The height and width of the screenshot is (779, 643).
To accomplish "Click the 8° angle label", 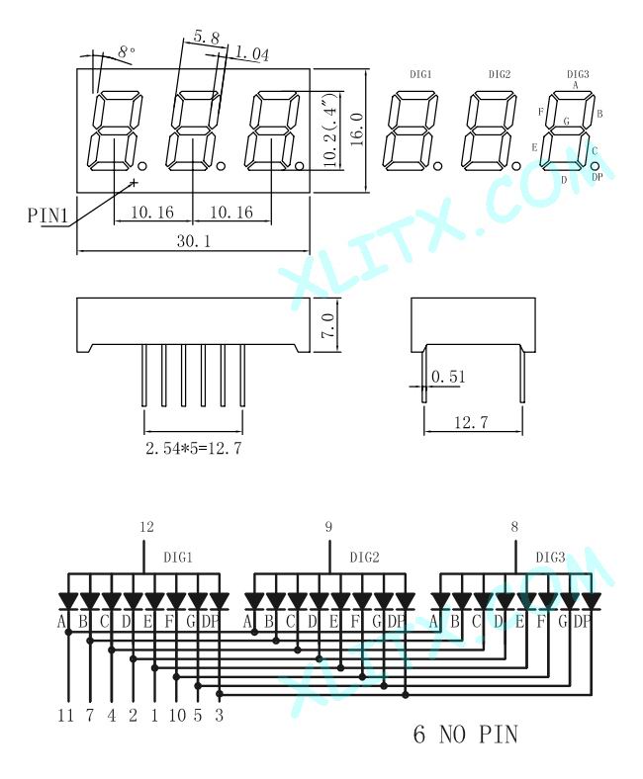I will (x=127, y=50).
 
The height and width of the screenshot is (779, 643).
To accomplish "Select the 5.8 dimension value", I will (x=206, y=38).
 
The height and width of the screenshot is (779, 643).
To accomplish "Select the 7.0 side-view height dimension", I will (x=328, y=322).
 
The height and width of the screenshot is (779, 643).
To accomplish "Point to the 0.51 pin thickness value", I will (x=448, y=377).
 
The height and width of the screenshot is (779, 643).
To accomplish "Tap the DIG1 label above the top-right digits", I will (x=419, y=74).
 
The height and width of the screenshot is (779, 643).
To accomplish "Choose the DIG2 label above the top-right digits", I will (x=499, y=74).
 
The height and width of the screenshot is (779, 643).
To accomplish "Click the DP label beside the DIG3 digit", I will (x=597, y=177).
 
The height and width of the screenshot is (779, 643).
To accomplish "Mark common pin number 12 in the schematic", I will (x=146, y=527).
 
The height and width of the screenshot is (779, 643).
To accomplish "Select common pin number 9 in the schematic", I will (x=329, y=527).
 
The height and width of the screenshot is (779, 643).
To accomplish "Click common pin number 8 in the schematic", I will (x=514, y=527).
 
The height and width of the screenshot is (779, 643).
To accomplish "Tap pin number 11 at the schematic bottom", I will (x=66, y=715).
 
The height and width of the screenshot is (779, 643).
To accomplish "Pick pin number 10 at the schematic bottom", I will (x=176, y=715).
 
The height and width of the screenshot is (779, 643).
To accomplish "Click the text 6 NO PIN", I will (x=464, y=735).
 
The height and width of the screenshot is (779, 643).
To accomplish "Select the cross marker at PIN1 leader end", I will (x=133, y=182).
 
